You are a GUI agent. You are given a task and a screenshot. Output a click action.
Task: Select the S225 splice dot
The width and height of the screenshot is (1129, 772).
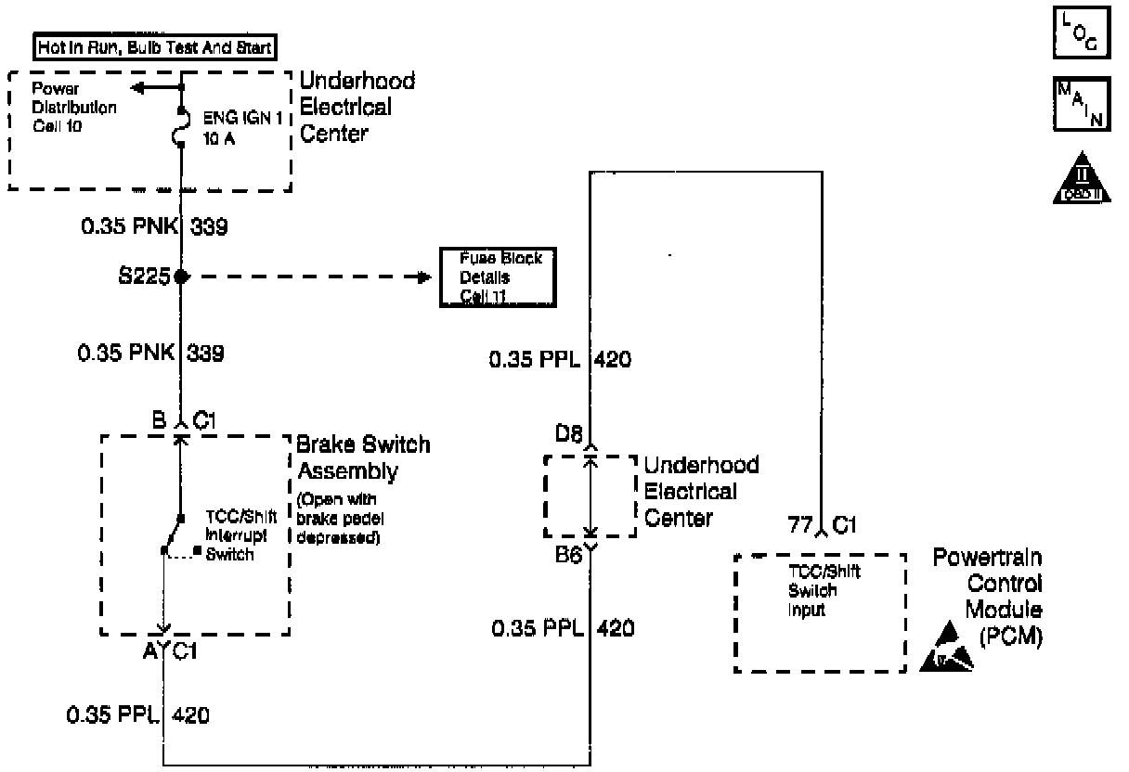pos(182,277)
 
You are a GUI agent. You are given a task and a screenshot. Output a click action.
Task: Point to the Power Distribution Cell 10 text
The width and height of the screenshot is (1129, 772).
pos(74,107)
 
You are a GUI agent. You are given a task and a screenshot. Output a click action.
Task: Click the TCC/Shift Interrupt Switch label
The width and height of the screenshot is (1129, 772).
pos(230,535)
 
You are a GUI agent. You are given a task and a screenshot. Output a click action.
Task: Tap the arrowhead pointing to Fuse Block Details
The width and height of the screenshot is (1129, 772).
pos(424,277)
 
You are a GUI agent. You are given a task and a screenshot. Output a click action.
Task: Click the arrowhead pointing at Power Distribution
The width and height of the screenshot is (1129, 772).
pos(138,89)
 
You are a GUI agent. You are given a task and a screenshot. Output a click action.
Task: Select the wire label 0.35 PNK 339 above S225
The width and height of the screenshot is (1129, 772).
pos(152,226)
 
